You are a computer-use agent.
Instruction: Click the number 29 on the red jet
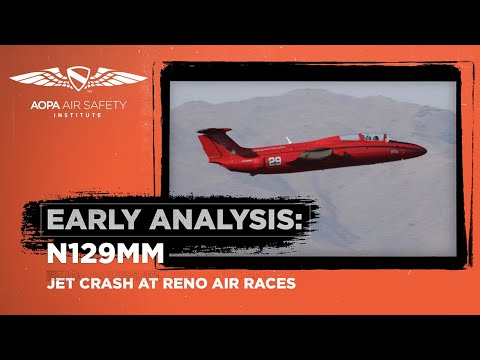(x=274, y=160)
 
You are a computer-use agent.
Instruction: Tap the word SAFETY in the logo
(x=120, y=102)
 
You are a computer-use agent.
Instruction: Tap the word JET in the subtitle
(x=63, y=283)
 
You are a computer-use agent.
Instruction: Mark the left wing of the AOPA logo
(x=40, y=77)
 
